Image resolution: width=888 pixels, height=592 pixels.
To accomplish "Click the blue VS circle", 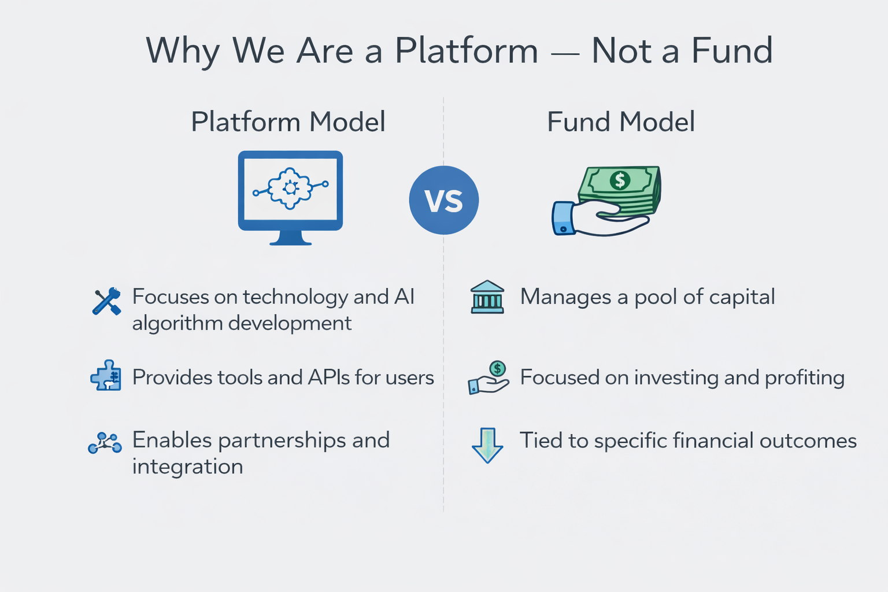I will click(443, 200).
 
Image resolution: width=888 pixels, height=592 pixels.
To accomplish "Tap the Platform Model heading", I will click(288, 122).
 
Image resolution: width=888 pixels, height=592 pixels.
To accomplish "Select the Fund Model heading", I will click(620, 122).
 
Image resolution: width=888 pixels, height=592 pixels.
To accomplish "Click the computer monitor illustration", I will click(290, 197).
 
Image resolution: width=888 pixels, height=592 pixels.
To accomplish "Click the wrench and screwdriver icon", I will click(106, 301).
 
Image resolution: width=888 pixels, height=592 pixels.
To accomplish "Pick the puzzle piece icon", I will click(106, 376).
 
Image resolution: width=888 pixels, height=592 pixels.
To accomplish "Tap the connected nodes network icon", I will click(105, 443).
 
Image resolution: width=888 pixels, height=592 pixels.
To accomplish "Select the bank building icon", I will click(487, 297).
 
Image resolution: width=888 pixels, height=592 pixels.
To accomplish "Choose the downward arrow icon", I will click(487, 445).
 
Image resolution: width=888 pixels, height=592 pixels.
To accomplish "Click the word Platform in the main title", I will click(467, 51).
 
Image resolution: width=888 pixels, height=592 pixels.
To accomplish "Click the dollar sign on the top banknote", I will click(620, 180).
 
